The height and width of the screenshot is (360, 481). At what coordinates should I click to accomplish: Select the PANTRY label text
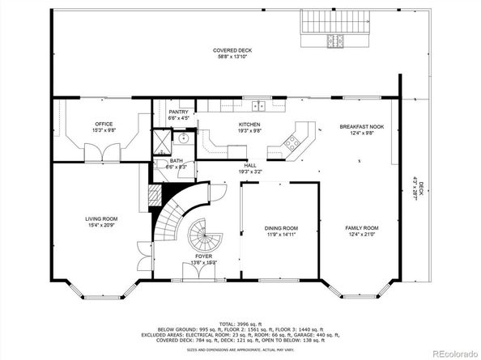pos(178,112)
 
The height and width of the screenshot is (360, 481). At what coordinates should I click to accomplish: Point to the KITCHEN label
pos(249,124)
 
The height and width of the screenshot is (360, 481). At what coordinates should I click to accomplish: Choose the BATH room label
pos(177,161)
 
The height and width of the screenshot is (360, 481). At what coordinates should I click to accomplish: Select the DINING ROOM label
pos(281,229)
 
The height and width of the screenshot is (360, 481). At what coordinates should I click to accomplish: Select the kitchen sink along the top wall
pos(258,105)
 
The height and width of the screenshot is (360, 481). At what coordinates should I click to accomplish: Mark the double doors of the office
pos(100,150)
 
